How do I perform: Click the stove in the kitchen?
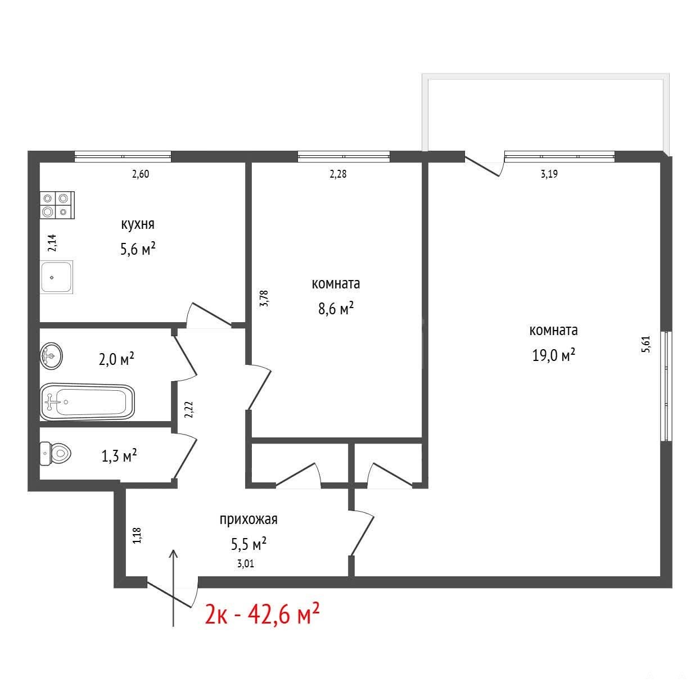tap(57, 205)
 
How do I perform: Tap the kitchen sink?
tap(57, 277)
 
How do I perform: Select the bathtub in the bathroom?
tap(87, 402)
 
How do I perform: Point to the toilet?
tap(55, 453)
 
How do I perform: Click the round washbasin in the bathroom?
tap(51, 356)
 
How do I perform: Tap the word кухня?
tap(138, 224)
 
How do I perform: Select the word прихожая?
tap(249, 520)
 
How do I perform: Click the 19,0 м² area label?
tap(554, 355)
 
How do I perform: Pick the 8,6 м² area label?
tap(336, 309)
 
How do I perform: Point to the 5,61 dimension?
tap(646, 344)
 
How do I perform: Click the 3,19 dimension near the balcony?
tap(549, 174)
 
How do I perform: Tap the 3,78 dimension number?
tap(264, 298)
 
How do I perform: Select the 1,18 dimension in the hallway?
tap(137, 535)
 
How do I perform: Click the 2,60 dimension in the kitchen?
tap(140, 174)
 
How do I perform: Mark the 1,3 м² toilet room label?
tap(119, 455)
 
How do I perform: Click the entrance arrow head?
tap(174, 554)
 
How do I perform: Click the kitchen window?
tap(123, 156)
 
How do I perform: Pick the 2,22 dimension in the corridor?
tap(188, 409)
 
